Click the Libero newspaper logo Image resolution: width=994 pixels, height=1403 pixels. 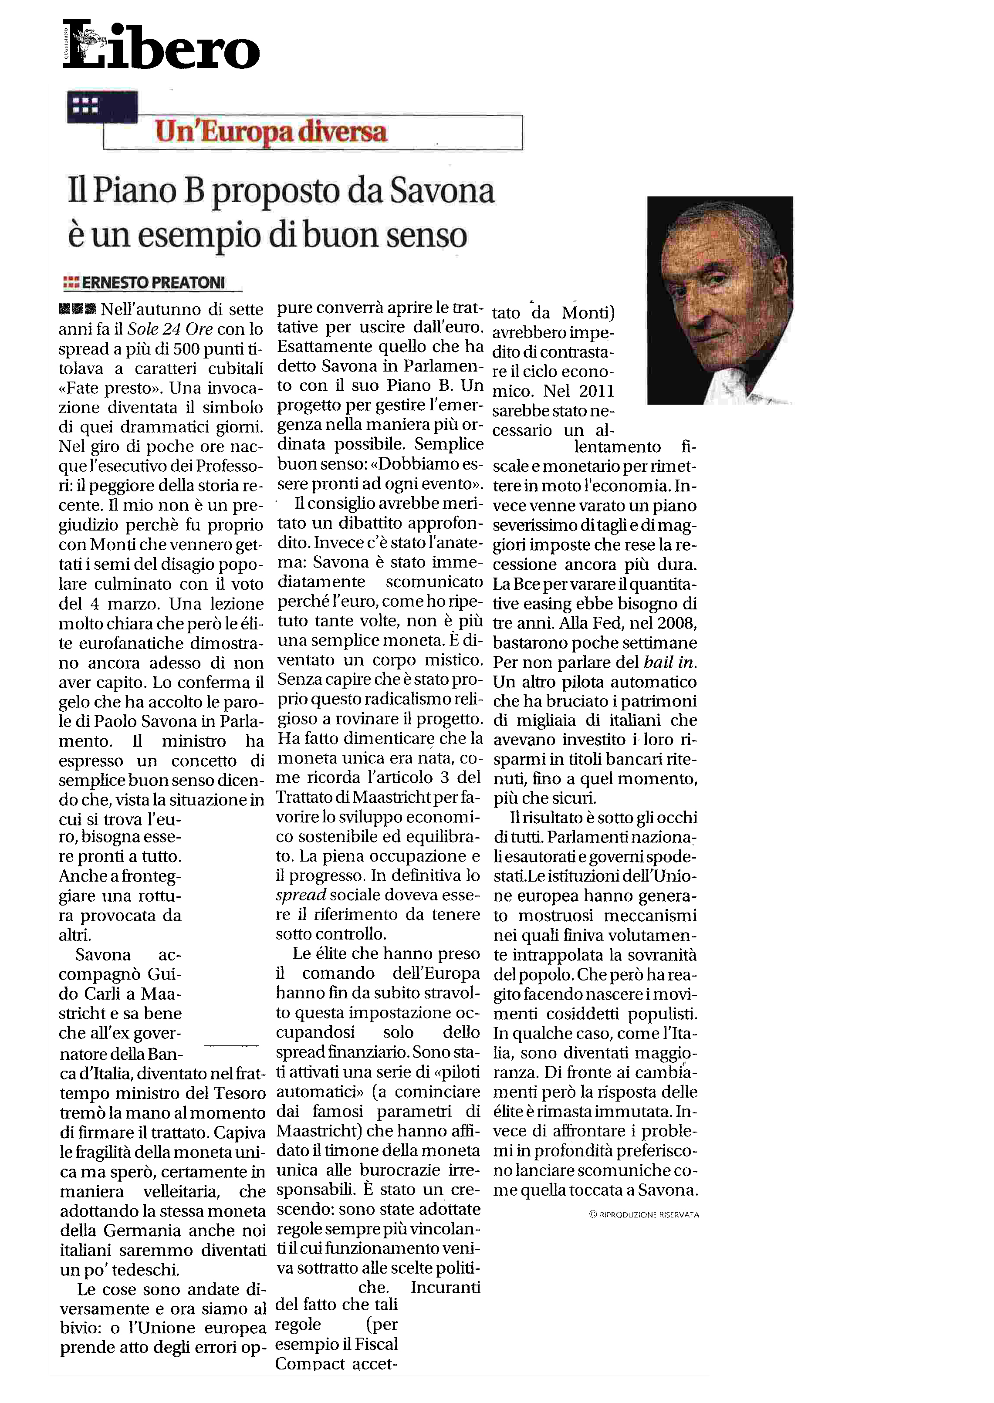pyautogui.click(x=161, y=45)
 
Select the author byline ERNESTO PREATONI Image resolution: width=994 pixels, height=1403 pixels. pyautogui.click(x=153, y=283)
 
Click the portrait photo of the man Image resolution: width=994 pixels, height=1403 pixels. pyautogui.click(x=720, y=300)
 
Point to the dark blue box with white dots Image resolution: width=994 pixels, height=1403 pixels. pyautogui.click(x=102, y=107)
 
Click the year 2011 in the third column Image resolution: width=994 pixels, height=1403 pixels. pyautogui.click(x=596, y=391)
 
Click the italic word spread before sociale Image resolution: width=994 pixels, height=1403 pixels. pyautogui.click(x=301, y=895)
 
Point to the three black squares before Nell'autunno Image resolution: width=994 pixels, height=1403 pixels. pyautogui.click(x=77, y=308)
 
